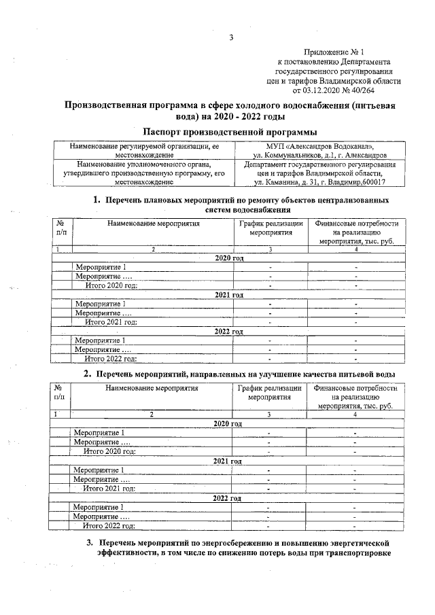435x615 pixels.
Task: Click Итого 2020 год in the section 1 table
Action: coord(111,285)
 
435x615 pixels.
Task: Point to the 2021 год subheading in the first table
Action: coord(229,295)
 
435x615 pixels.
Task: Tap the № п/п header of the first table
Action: coord(62,227)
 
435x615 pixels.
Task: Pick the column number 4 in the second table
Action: coord(355,414)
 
